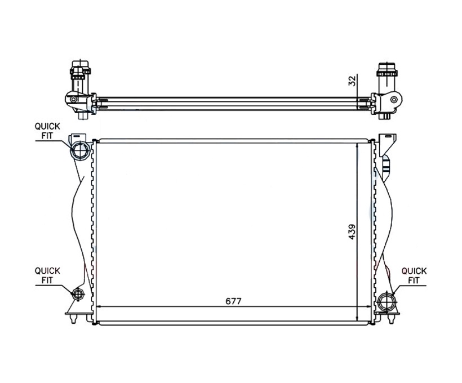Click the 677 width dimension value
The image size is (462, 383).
click(233, 301)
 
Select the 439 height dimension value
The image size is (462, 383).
click(352, 232)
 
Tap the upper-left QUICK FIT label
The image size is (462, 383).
click(47, 131)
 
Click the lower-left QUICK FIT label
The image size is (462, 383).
click(47, 275)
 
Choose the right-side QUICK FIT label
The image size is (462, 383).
click(414, 275)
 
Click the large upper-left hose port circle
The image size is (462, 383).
click(80, 150)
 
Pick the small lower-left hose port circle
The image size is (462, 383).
click(78, 295)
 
